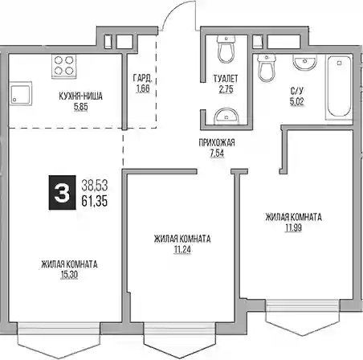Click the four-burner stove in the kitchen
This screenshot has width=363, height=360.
coord(64,67)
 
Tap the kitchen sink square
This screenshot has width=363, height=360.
coord(21,93)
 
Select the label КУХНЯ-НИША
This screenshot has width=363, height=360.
coord(80,96)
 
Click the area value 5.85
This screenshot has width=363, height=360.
coord(81,107)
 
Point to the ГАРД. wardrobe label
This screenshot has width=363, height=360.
coord(143,78)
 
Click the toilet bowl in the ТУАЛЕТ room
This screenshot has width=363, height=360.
coord(226,49)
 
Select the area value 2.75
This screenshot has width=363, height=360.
coord(226,89)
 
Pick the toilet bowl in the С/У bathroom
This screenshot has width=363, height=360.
coord(267,67)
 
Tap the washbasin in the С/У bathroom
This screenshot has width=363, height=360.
coord(305,62)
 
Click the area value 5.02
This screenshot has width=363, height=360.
coord(297,101)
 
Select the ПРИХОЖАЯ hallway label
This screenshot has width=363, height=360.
coord(217,142)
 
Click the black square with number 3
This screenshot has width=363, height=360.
coord(62,192)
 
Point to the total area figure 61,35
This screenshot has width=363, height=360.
coord(95,201)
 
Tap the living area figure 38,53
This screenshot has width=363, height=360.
coord(95,186)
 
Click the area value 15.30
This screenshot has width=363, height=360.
coord(69,275)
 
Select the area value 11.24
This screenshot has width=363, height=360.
coord(182,250)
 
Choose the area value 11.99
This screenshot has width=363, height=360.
coord(294,228)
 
